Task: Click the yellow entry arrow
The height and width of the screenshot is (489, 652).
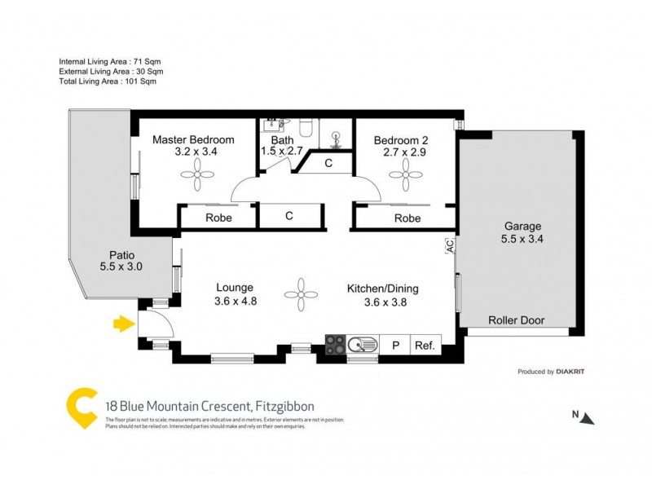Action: [x=123, y=324]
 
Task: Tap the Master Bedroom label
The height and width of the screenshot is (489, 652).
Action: [x=194, y=139]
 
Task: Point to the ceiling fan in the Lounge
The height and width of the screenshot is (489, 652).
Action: [x=300, y=293]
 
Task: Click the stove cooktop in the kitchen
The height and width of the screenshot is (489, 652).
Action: [x=336, y=345]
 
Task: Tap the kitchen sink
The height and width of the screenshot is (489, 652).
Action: [x=362, y=345]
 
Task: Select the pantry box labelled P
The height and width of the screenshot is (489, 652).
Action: [x=395, y=345]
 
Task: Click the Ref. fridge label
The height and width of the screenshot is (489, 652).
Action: [x=425, y=345]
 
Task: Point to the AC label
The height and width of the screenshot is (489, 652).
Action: [x=449, y=244]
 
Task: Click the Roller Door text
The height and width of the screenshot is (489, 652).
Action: [x=516, y=320]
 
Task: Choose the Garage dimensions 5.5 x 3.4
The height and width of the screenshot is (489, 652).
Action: [x=522, y=240]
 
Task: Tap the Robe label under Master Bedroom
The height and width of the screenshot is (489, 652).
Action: [x=218, y=218]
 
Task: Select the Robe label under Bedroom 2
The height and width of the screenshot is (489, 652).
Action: [x=407, y=218]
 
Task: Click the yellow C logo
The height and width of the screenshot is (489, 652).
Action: [x=81, y=408]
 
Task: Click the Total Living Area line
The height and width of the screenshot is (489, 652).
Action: [x=107, y=81]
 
